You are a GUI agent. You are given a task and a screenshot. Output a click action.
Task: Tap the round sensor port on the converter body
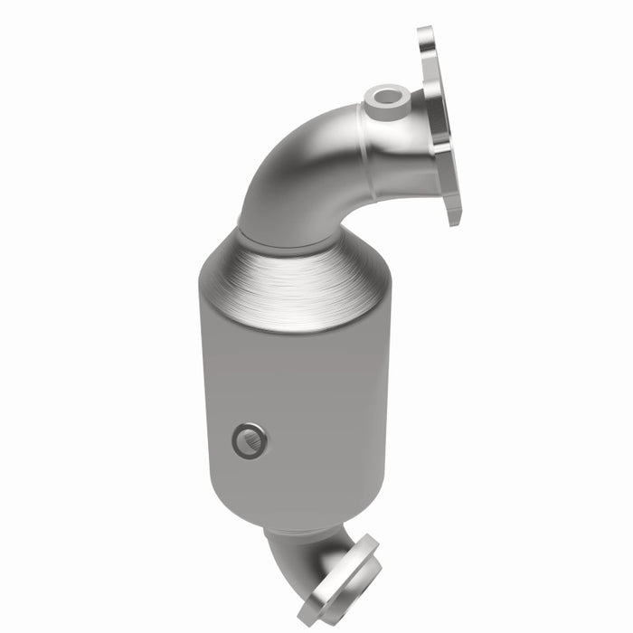pos(248,440)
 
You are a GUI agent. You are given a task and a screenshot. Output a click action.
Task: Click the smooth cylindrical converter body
pos(298,398)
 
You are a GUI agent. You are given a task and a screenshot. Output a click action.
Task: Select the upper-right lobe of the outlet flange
pos(369,546)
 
